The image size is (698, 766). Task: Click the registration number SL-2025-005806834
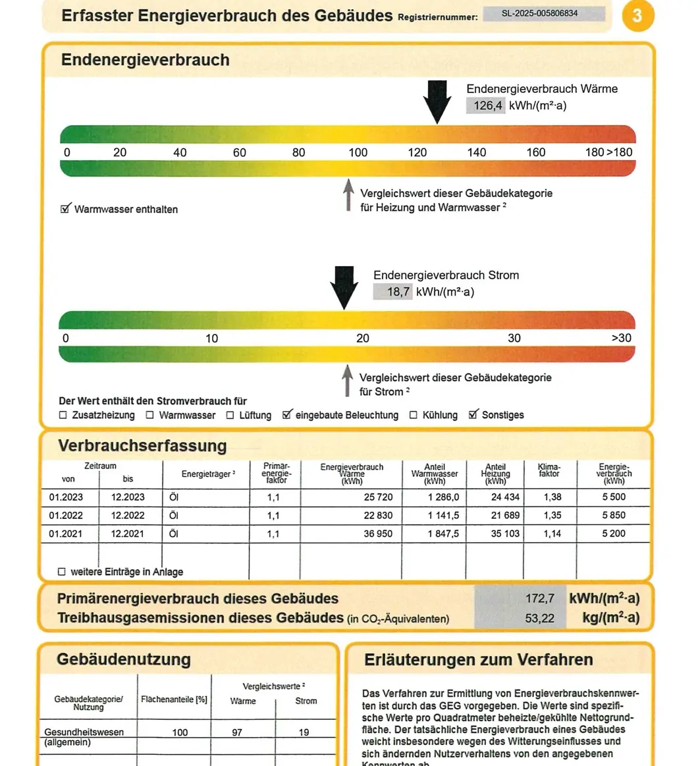(543, 13)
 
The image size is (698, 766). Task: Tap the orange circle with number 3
(637, 15)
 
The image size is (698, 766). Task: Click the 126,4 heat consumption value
(486, 105)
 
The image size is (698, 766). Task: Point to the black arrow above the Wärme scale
(437, 101)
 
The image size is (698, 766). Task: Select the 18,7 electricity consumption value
(393, 291)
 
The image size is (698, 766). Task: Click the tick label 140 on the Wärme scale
(477, 152)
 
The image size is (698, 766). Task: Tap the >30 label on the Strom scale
(621, 338)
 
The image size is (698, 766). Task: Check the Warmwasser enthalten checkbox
(65, 209)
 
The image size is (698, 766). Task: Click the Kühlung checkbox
(414, 415)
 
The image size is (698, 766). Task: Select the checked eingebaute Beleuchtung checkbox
(287, 415)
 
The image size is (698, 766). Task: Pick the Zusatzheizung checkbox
(63, 415)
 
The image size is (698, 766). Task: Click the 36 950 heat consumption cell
(378, 533)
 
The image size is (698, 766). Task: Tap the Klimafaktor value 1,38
(552, 497)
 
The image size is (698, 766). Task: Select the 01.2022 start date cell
(66, 515)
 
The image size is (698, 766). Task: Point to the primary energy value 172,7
(540, 599)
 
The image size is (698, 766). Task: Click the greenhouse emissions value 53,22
(540, 618)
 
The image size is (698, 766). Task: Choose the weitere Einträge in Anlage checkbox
(62, 572)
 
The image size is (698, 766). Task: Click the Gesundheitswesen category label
(84, 732)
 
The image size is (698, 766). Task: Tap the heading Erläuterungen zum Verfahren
(479, 659)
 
